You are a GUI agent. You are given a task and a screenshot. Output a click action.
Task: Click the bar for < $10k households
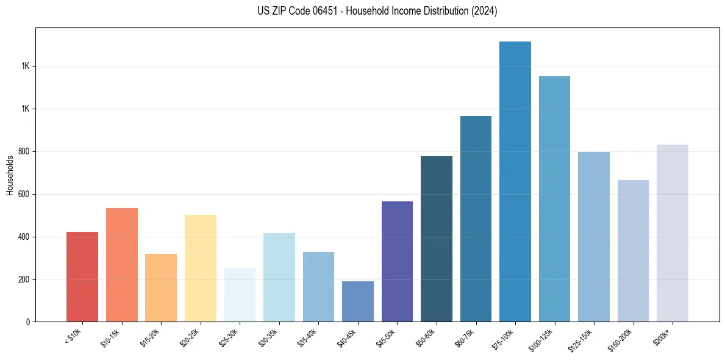click(82, 277)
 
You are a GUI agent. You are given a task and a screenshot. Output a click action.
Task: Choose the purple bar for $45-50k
click(397, 262)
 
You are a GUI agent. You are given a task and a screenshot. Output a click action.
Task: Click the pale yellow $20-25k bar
click(201, 268)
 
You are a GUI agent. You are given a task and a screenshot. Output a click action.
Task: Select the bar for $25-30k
click(240, 295)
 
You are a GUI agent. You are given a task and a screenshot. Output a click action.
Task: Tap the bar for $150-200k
click(633, 251)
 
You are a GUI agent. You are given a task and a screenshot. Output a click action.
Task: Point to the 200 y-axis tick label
click(24, 279)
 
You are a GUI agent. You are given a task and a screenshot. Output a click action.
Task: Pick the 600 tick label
click(24, 194)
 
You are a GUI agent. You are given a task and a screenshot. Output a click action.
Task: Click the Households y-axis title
click(10, 175)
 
